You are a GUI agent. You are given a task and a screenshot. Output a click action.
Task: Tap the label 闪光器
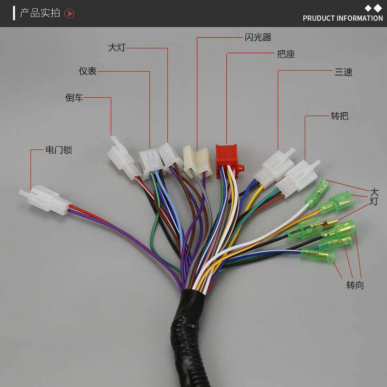tap(258, 38)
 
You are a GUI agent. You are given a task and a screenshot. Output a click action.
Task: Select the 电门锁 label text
tap(59, 150)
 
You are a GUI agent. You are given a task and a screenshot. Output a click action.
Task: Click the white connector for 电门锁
tap(45, 199)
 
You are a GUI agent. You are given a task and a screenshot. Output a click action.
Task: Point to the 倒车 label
tap(74, 98)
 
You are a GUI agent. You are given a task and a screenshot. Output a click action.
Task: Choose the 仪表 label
tap(88, 71)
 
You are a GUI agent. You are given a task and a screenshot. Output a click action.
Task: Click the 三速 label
tap(343, 72)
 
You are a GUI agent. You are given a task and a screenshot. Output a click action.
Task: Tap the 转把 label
tap(340, 116)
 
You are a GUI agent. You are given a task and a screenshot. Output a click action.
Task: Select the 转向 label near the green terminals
tap(355, 285)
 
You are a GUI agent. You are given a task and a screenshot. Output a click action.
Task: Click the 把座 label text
tap(286, 54)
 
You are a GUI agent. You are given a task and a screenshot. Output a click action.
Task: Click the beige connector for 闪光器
tap(197, 162)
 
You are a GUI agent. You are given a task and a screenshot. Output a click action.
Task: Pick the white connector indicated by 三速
tap(275, 168)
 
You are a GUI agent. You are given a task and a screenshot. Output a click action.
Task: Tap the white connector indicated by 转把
tap(298, 178)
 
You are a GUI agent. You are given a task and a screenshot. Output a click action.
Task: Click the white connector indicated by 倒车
tap(123, 158)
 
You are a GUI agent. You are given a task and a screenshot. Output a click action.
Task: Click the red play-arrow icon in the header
tap(69, 14)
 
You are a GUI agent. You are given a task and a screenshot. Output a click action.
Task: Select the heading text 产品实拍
tap(40, 13)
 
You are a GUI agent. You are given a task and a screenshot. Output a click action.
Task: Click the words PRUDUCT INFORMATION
tap(343, 18)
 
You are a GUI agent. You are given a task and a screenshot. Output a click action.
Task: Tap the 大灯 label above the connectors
tap(117, 47)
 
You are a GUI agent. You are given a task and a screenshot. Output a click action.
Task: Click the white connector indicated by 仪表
tap(150, 161)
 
